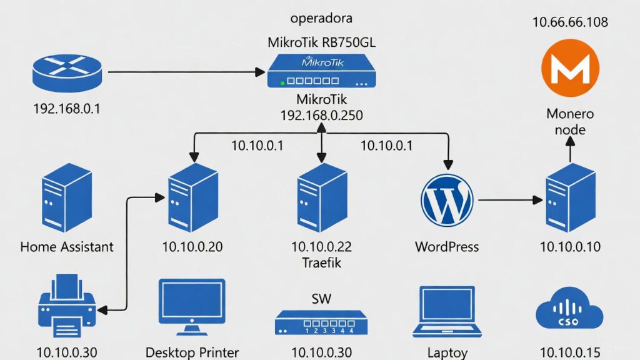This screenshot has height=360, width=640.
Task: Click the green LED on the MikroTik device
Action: (x=284, y=81)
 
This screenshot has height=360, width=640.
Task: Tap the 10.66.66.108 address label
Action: (x=570, y=22)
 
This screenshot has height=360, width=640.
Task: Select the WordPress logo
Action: (x=446, y=199)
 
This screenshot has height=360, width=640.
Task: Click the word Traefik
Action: (x=322, y=262)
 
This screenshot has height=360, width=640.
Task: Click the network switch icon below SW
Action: (x=322, y=322)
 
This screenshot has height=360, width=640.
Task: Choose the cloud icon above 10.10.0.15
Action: (x=570, y=310)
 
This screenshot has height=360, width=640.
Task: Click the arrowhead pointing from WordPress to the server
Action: (x=537, y=200)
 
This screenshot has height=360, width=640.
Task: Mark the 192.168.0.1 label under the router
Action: (x=67, y=109)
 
